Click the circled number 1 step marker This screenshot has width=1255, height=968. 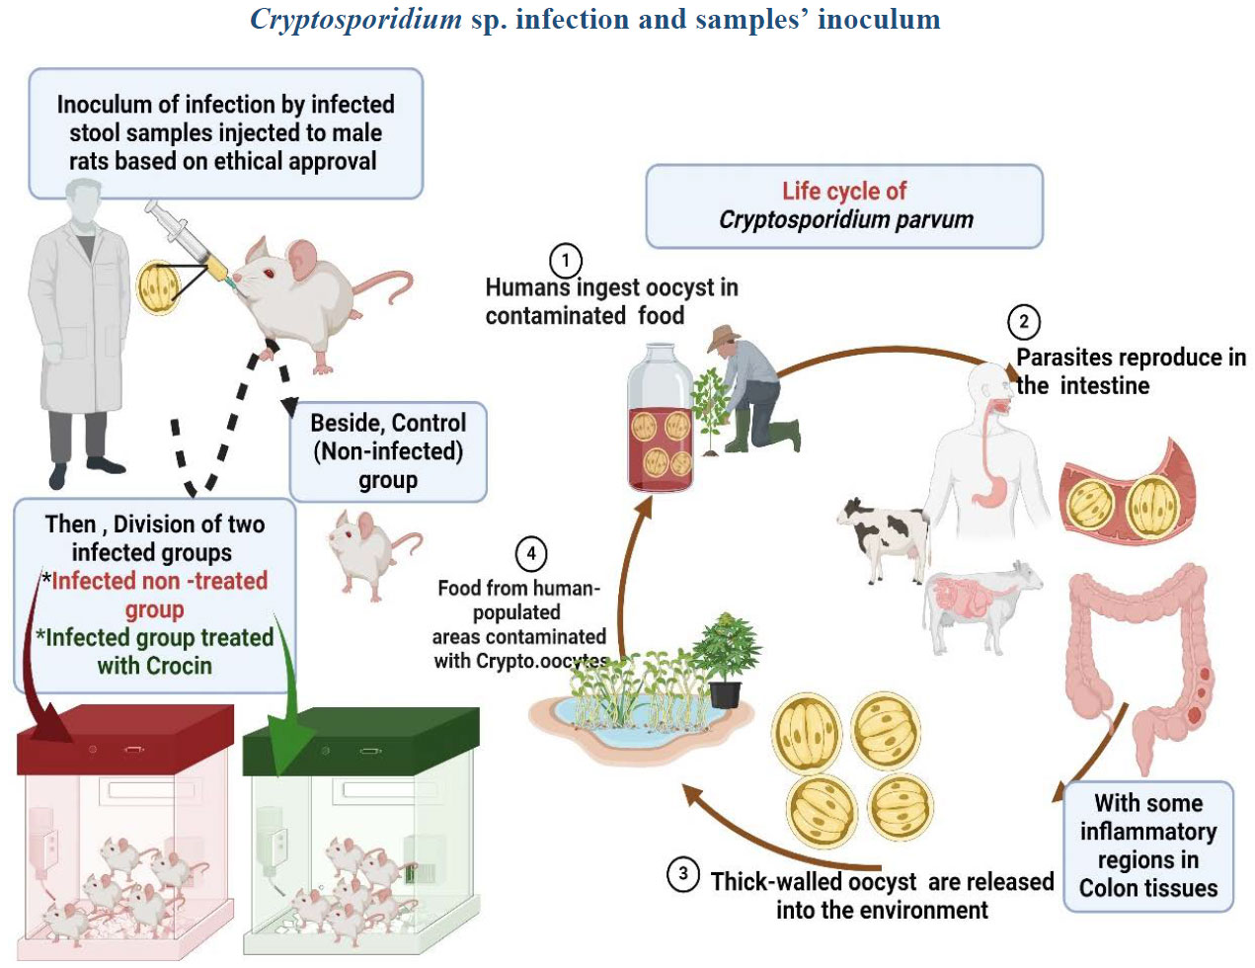[565, 262]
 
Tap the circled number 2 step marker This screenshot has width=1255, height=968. [1023, 322]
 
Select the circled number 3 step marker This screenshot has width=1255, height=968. [683, 874]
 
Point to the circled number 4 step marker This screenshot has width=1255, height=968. [531, 554]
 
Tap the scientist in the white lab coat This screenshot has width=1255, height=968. [78, 326]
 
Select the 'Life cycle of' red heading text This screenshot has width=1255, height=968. [844, 191]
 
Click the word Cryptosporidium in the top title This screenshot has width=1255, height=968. [355, 19]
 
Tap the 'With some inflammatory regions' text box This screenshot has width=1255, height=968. [1147, 846]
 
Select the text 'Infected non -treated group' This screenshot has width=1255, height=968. [158, 595]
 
